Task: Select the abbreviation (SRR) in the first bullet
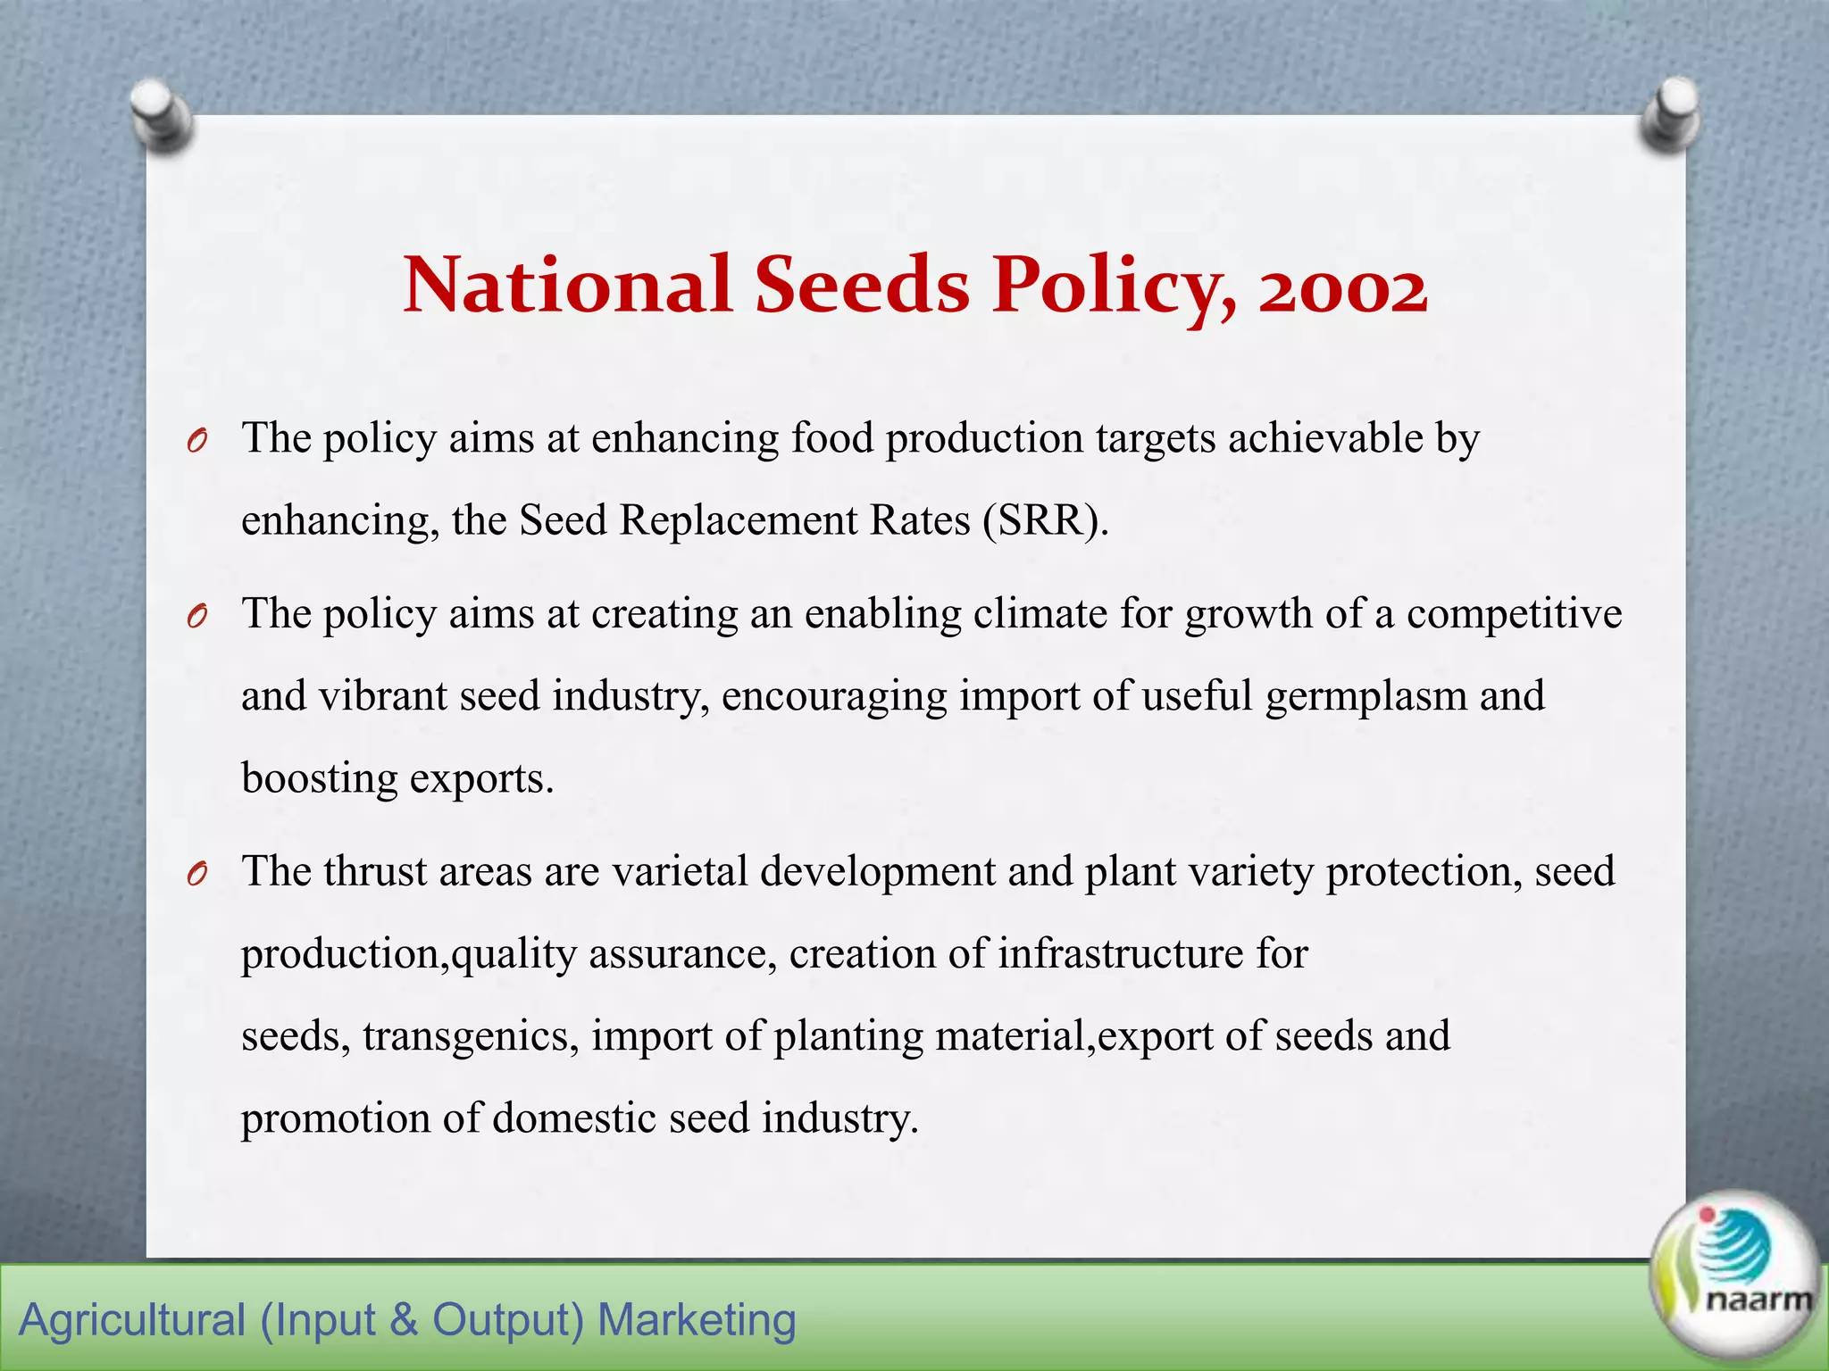(x=1046, y=520)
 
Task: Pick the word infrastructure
(x=1121, y=953)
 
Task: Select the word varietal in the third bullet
(x=680, y=871)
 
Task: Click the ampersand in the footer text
(x=404, y=1320)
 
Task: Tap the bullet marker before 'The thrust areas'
(x=198, y=875)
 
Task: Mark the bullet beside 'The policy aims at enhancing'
(x=198, y=441)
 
